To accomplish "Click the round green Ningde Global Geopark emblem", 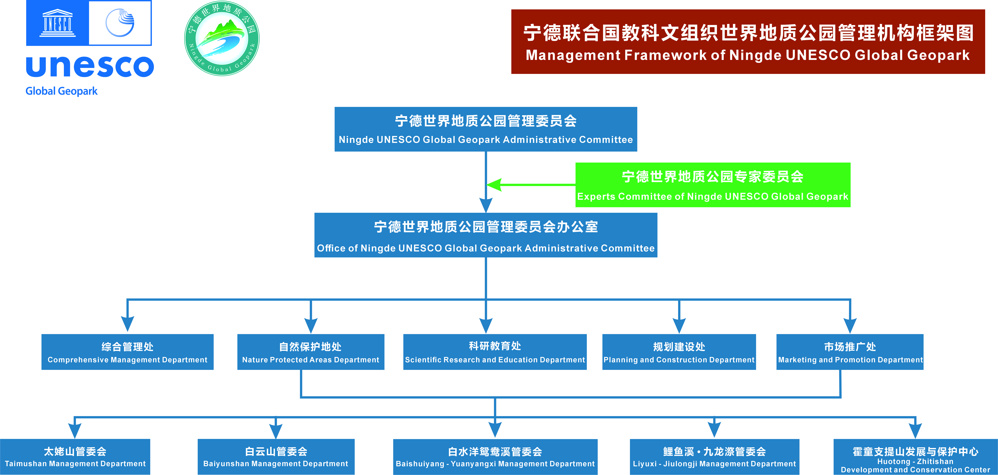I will point(222,38).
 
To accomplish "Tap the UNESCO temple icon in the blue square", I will point(57,23).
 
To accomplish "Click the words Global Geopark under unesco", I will point(61,91).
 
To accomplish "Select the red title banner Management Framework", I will point(748,41).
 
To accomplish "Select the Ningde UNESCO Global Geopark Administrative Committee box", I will point(486,129).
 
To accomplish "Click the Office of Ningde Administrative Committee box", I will point(486,235).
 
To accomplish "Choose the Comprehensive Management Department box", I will point(127,352).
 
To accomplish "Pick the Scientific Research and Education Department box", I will point(495,352).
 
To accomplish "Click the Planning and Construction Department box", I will point(679,352).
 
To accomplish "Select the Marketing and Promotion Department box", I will point(850,352).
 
